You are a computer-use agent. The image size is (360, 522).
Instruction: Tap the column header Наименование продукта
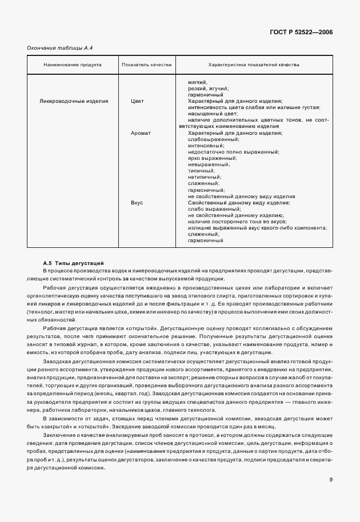coord(73,65)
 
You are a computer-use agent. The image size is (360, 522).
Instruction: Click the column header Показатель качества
coord(147,65)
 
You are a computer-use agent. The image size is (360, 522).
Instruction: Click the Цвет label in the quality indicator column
coord(137,101)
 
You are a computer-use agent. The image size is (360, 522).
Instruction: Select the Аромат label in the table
coord(141,133)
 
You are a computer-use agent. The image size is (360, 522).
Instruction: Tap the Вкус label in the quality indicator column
coord(137,203)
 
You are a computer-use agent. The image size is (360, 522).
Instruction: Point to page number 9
coord(331,479)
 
